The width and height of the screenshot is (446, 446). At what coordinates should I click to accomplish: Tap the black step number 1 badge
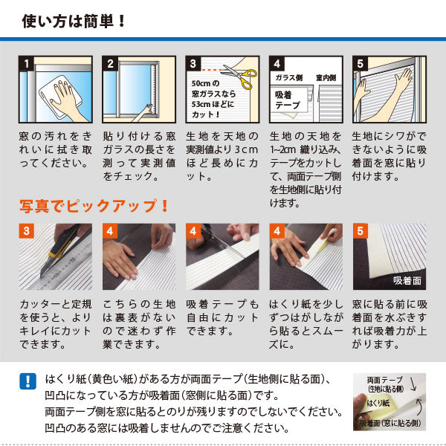point(27,64)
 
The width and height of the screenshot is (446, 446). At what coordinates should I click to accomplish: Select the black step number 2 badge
point(111,64)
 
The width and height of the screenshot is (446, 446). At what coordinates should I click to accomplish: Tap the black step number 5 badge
point(361,64)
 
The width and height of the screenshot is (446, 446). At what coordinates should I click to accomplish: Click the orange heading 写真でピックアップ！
point(94,205)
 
